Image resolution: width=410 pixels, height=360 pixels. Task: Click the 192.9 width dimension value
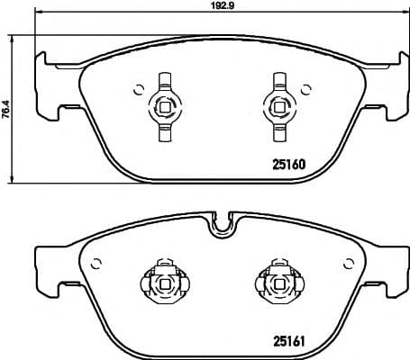(212, 6)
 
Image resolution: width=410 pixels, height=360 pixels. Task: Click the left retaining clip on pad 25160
(164, 106)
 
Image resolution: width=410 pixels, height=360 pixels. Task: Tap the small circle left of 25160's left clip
(137, 88)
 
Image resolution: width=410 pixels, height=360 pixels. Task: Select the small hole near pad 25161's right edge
(350, 263)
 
